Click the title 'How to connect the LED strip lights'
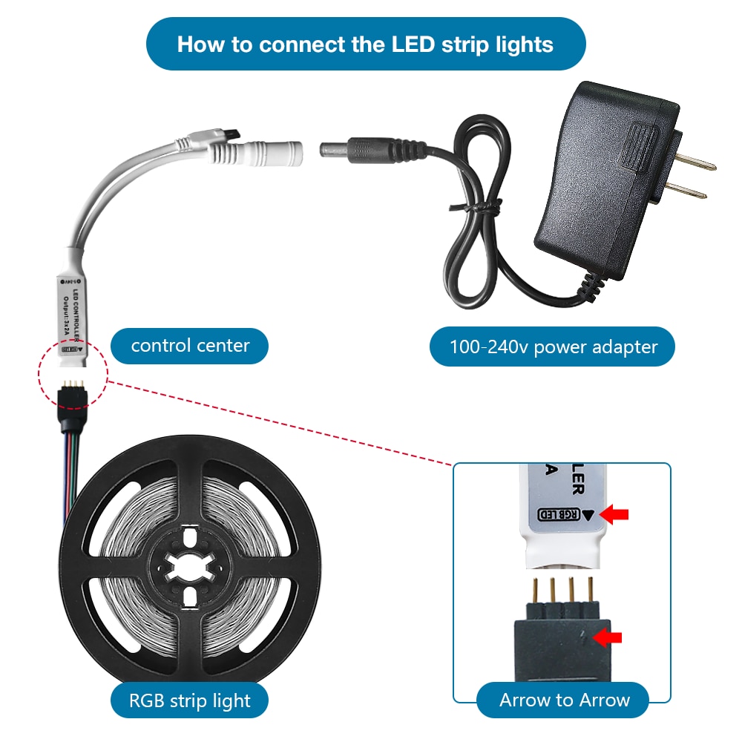coord(365,44)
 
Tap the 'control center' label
coord(190,346)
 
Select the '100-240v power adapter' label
coord(553,347)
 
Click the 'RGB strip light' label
coord(189,700)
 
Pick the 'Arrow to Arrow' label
coord(564,700)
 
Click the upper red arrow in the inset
coord(617,513)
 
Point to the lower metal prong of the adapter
coord(686,194)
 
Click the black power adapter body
coord(605,185)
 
